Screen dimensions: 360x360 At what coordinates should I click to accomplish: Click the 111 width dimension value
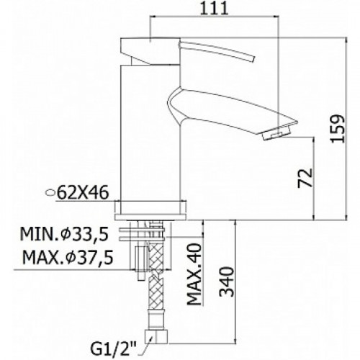[x=214, y=9]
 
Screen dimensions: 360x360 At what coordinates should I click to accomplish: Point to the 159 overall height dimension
[x=338, y=129]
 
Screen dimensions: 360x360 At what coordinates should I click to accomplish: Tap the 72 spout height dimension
[x=305, y=178]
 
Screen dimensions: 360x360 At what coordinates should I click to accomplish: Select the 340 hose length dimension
[x=227, y=282]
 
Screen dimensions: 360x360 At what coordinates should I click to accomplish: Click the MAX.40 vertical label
[x=194, y=274]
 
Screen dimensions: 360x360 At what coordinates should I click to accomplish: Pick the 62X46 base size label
[x=83, y=193]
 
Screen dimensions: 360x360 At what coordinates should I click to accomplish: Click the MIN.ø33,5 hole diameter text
[x=64, y=234]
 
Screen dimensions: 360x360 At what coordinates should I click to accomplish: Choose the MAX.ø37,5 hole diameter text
[x=68, y=257]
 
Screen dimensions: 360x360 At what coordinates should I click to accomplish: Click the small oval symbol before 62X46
[x=50, y=192]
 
